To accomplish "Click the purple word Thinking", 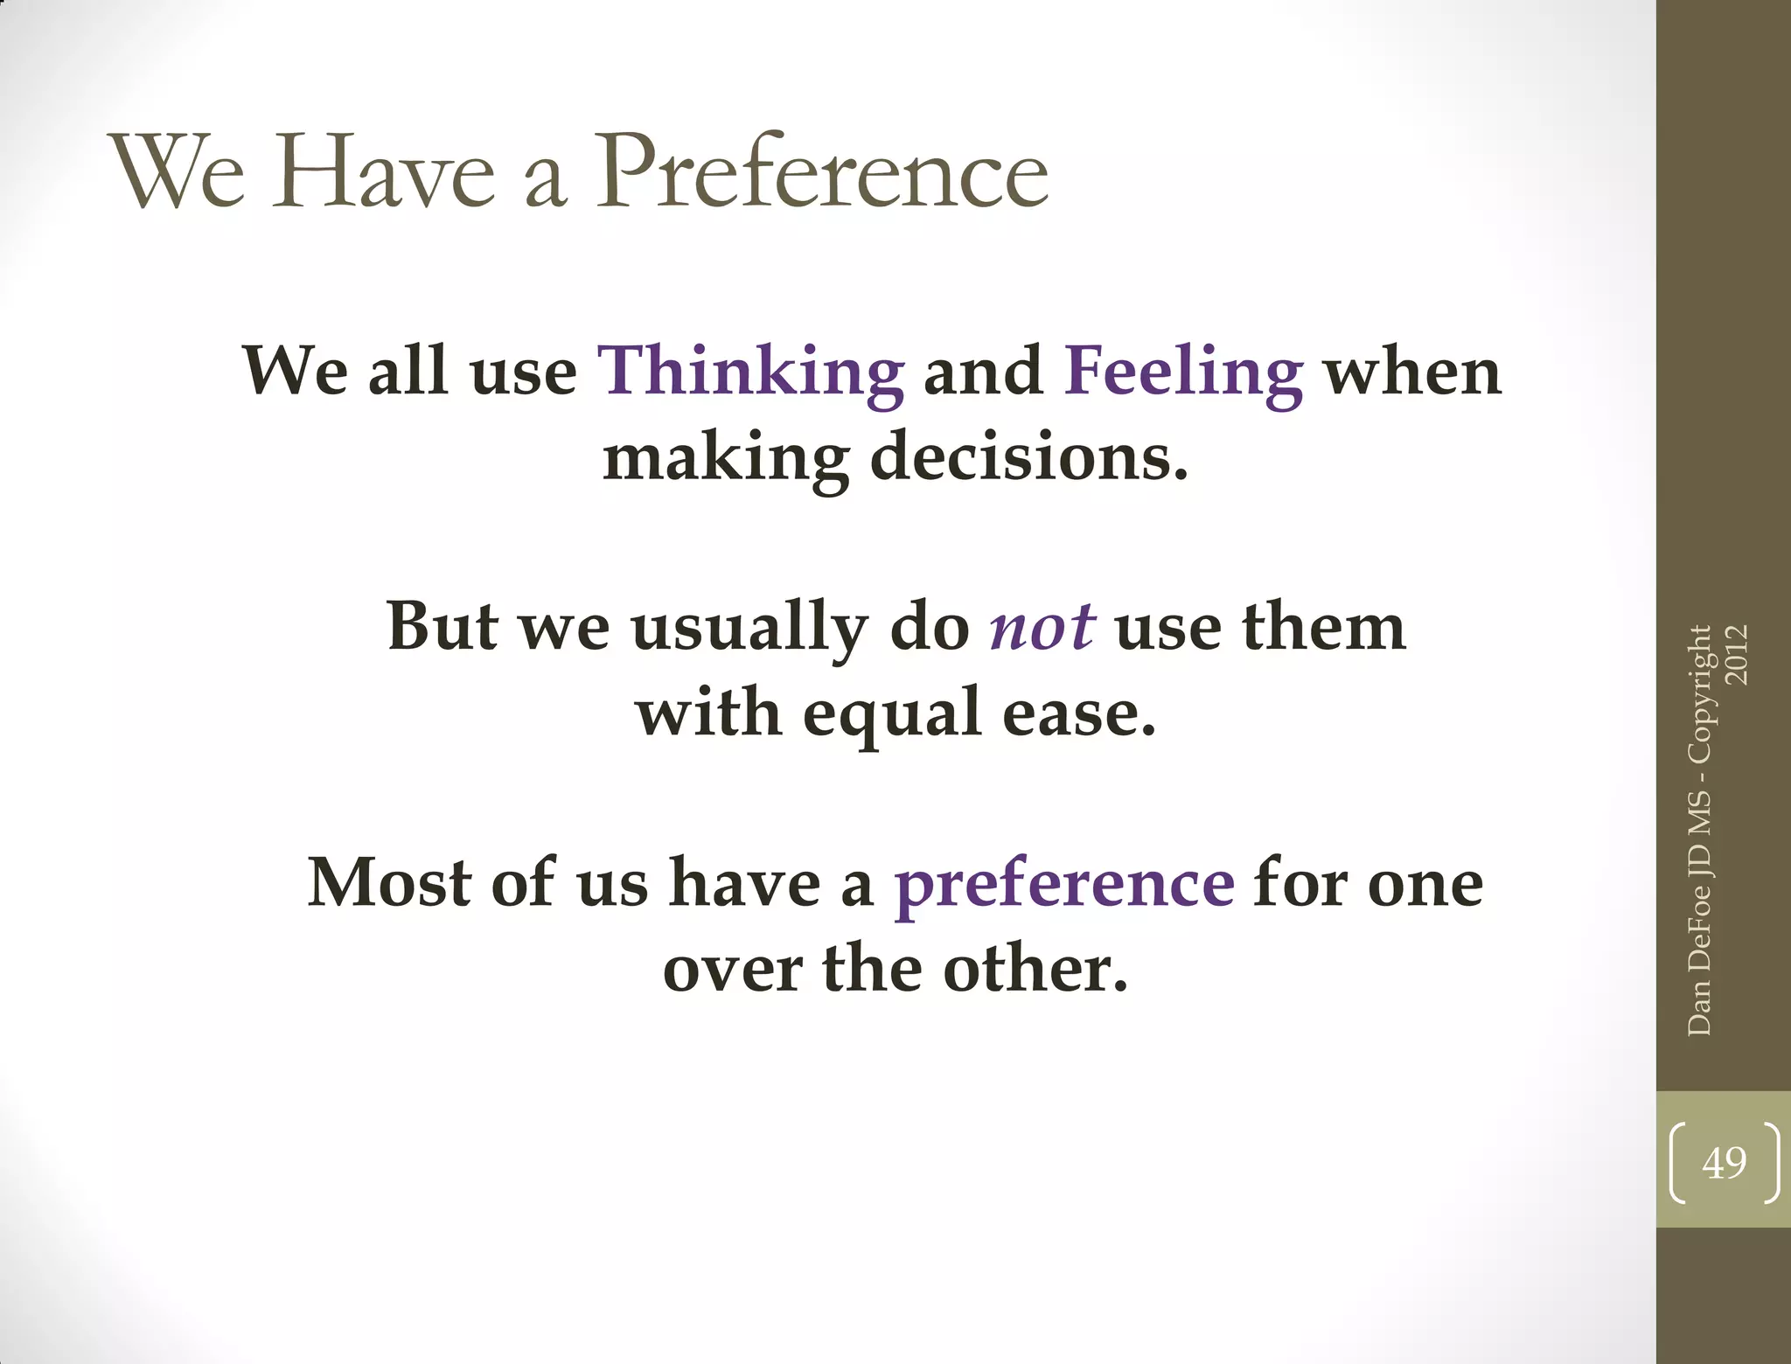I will (750, 372).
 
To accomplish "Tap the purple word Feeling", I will (1183, 372).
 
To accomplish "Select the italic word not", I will (1041, 628).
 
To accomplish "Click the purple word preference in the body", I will (1063, 885).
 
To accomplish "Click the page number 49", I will (1724, 1163).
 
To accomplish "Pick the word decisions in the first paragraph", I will (1029, 457).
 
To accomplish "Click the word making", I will (726, 457).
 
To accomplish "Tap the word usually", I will (749, 628).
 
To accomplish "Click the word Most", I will (389, 883).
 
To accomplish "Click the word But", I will (443, 628).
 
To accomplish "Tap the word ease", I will (1078, 713).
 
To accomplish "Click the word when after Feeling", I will (1412, 372).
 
